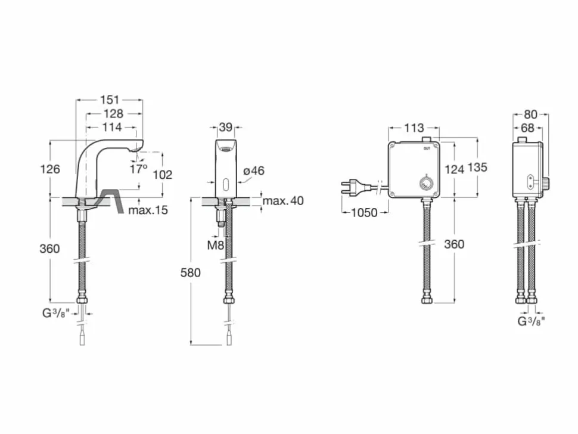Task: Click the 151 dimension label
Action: pos(110,100)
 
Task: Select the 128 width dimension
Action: pos(113,114)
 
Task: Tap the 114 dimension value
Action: pos(111,127)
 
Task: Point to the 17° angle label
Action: pos(138,169)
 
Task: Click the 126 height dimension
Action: pos(50,169)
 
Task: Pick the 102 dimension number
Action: pos(162,175)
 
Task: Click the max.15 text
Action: pos(148,210)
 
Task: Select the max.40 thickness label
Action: pos(283,201)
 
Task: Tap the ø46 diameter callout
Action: pos(254,170)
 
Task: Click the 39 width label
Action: pos(226,127)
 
